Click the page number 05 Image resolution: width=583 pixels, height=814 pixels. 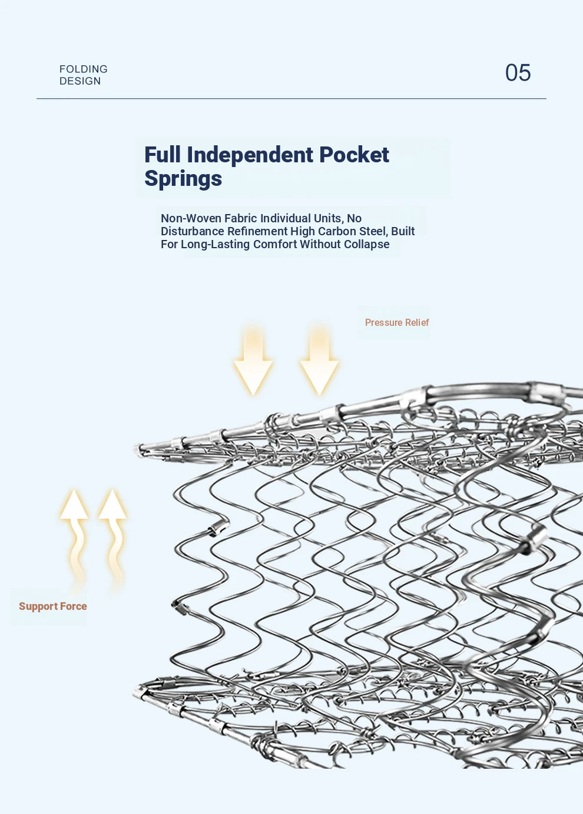click(518, 73)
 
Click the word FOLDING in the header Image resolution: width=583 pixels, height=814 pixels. click(84, 69)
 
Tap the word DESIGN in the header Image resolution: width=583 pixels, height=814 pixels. click(80, 81)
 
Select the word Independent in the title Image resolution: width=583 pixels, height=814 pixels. click(250, 155)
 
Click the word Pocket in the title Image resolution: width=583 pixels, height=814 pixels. click(354, 155)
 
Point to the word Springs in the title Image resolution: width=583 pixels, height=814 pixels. click(183, 178)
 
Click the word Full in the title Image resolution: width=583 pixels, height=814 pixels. click(163, 155)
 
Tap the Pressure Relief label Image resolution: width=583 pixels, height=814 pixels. click(397, 322)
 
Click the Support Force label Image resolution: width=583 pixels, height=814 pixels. click(53, 606)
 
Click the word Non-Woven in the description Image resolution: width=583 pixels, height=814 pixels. click(191, 218)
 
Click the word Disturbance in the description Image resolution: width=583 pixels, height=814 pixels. click(193, 231)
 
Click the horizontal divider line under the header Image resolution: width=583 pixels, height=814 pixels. click(291, 98)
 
